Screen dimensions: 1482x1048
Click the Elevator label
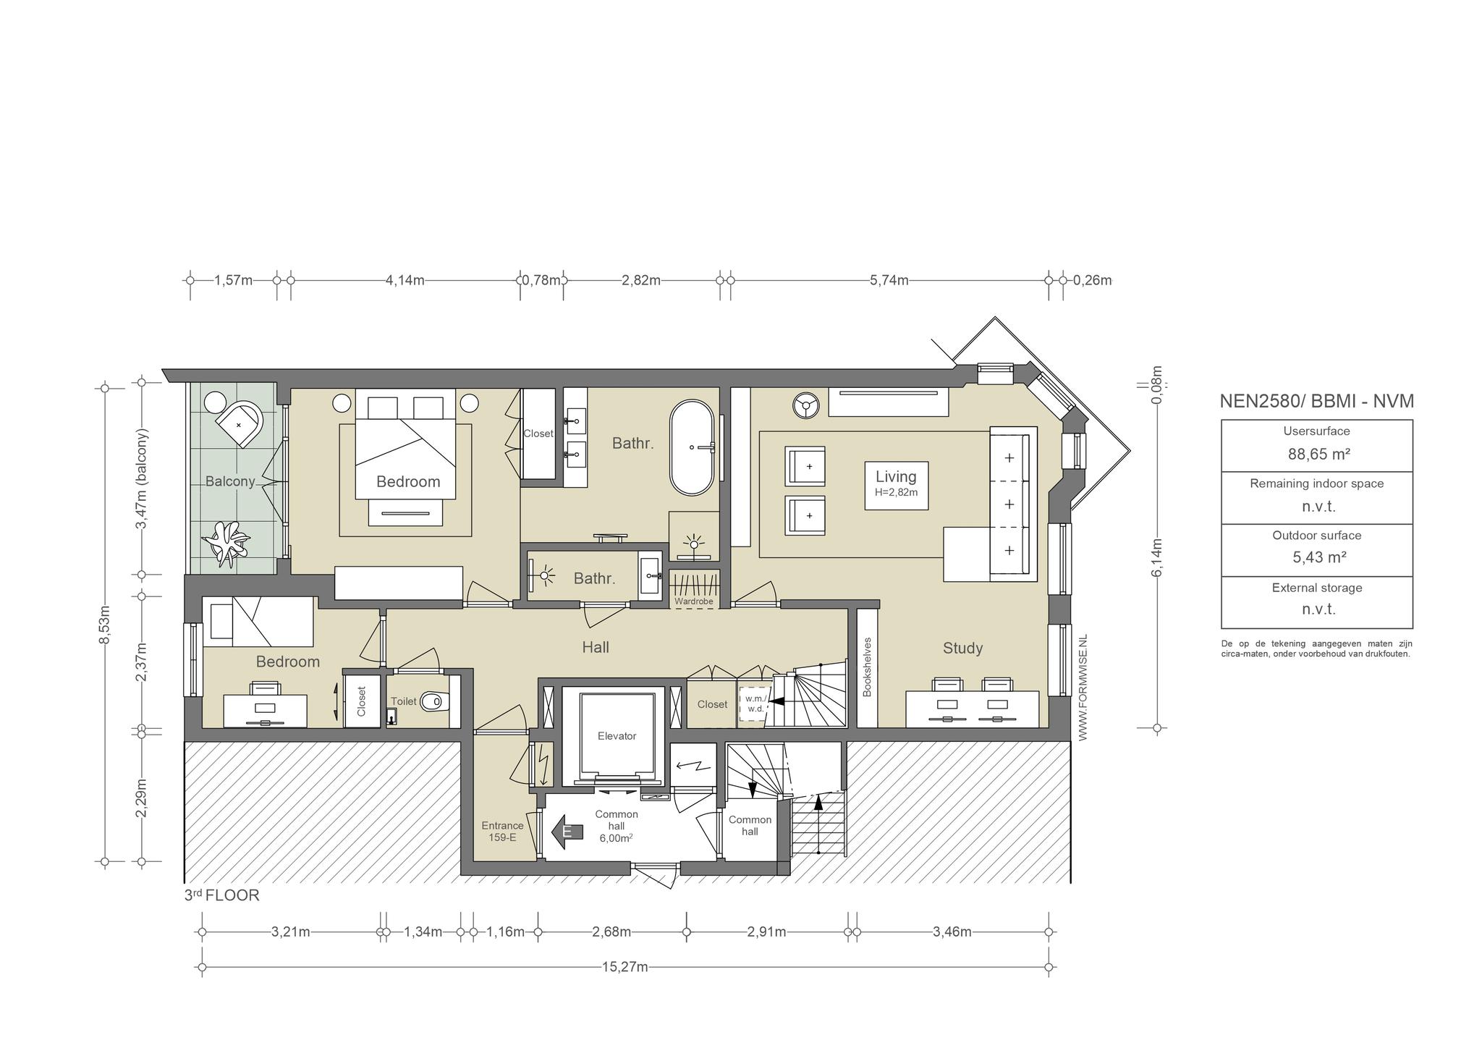[617, 736]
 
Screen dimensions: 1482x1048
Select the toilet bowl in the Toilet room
[434, 701]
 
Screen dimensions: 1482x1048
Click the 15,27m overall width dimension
[624, 967]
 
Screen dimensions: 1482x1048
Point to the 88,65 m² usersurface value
[1319, 455]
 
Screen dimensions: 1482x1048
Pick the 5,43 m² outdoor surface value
[1319, 557]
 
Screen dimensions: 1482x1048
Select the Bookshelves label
[867, 667]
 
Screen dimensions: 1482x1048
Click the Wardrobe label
[693, 601]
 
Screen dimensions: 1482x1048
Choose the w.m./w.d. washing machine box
[755, 704]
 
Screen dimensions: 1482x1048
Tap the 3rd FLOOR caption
[221, 895]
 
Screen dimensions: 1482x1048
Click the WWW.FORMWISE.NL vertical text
[1083, 687]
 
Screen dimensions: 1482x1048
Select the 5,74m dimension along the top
[889, 280]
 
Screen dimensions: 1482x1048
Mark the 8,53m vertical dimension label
[105, 625]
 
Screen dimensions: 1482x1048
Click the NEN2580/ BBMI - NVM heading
[1317, 401]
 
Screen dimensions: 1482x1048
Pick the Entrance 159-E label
[502, 832]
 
